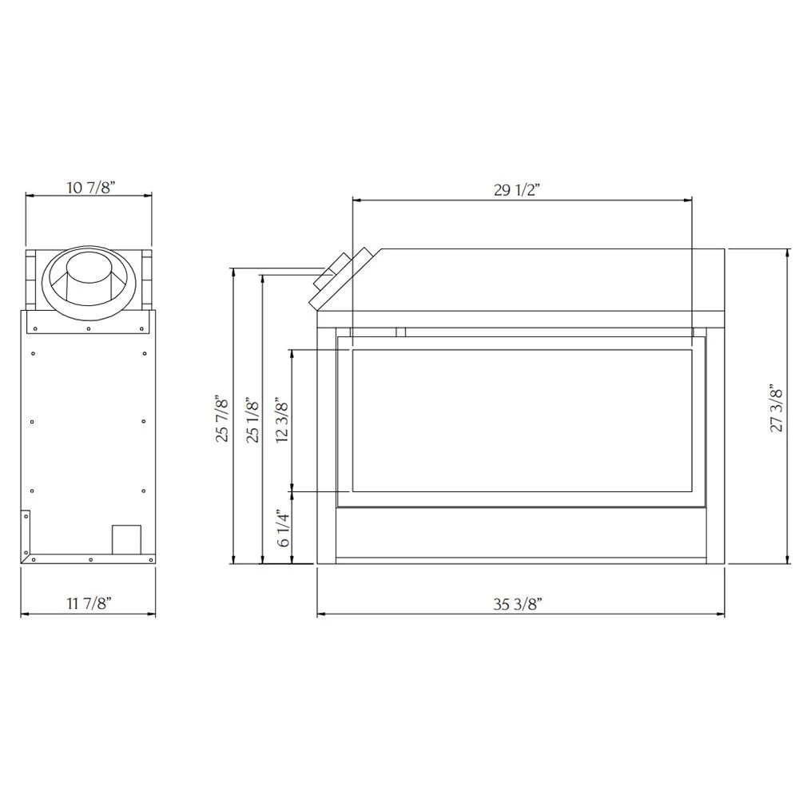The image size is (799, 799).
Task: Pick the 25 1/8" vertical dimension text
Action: click(253, 420)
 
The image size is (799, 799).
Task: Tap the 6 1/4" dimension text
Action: click(282, 528)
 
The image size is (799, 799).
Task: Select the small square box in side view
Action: click(125, 539)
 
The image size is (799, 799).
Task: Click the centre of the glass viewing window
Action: click(521, 420)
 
